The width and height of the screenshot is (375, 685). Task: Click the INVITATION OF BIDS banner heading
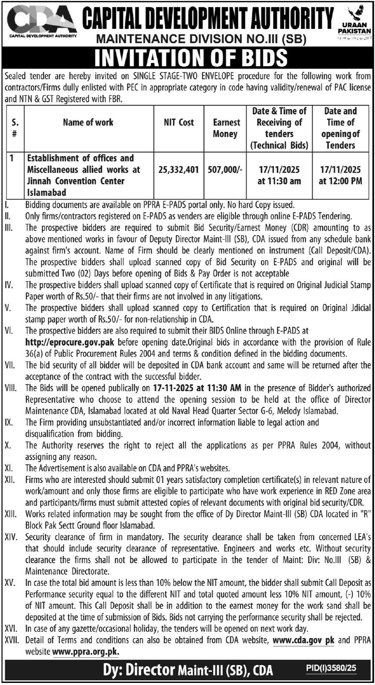[x=191, y=58]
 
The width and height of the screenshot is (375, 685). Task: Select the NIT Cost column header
[x=179, y=122]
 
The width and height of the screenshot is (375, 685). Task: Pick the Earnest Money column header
[x=225, y=128]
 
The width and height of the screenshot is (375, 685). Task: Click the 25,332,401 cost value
[x=179, y=169]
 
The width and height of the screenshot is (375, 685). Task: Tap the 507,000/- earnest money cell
[x=225, y=169]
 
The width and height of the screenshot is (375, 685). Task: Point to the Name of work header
[x=88, y=122]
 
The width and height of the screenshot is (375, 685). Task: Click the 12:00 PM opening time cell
[x=340, y=181]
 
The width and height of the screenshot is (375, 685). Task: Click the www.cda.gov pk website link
[x=303, y=640]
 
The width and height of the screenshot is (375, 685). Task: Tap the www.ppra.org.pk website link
[x=86, y=651]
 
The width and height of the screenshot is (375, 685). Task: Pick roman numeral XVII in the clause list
[x=12, y=640]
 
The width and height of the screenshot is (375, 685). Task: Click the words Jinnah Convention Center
[x=76, y=181]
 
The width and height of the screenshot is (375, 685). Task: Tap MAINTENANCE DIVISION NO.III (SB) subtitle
[x=201, y=39]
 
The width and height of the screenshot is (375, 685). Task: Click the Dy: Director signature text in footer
[x=139, y=670]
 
